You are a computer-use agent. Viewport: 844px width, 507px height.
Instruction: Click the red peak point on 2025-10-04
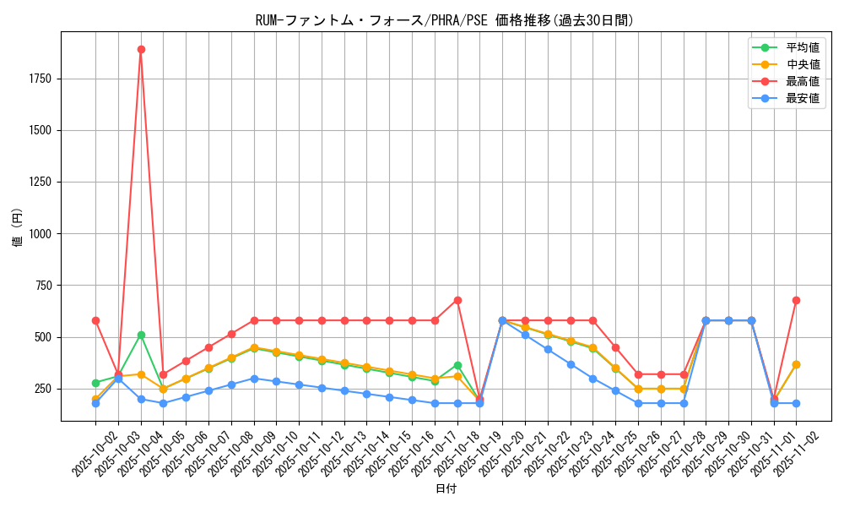[141, 49]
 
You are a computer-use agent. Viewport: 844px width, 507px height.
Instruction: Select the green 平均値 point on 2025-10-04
[141, 335]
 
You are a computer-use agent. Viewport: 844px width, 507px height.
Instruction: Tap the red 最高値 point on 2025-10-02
[95, 320]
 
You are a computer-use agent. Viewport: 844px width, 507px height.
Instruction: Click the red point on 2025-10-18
[457, 300]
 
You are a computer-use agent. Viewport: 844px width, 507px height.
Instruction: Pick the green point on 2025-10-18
[457, 365]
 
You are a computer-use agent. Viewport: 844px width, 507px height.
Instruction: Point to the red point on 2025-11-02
[796, 300]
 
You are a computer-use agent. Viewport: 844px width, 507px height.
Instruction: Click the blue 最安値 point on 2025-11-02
[796, 403]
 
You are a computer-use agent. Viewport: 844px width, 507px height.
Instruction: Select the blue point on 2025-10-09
[254, 379]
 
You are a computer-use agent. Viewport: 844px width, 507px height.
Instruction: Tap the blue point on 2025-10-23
[571, 364]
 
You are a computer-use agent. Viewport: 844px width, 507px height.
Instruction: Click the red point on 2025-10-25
[615, 347]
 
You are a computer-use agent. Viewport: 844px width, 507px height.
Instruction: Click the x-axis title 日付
[446, 489]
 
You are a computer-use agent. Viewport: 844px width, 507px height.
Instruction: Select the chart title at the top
[445, 20]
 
